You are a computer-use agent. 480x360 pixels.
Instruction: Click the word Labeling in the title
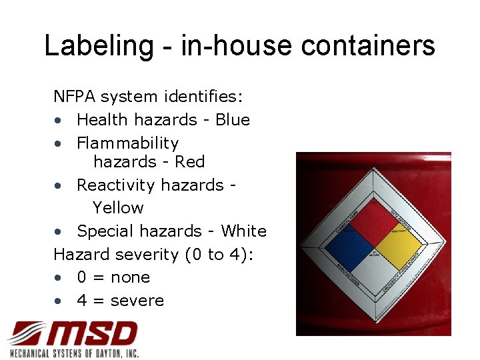pos(98,46)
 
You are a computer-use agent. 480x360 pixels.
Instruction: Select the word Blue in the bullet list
pos(233,120)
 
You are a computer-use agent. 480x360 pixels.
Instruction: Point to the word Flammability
pos(128,143)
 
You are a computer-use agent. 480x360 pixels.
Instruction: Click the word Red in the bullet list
pos(190,162)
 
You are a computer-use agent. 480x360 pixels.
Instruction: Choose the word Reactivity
pos(117,185)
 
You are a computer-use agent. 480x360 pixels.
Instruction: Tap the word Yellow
pos(118,208)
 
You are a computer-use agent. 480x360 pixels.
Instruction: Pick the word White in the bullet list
pos(244,231)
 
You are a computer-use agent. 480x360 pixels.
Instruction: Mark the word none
pos(130,277)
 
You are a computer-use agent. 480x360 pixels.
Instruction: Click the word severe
pos(137,301)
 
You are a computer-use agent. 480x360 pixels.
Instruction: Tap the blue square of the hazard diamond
pos(349,249)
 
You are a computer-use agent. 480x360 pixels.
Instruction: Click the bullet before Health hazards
pos(59,121)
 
